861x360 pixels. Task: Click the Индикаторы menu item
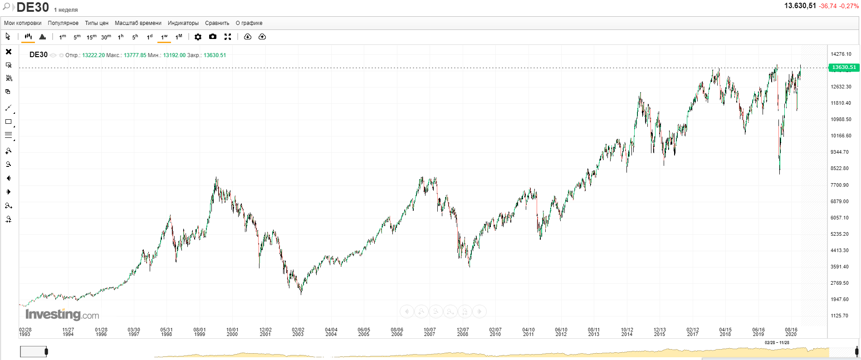point(183,23)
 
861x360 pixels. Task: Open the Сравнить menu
point(217,23)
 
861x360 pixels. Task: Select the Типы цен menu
point(97,23)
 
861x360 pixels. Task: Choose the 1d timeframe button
point(150,37)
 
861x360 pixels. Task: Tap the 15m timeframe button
point(91,37)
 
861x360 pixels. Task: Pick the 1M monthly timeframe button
point(179,37)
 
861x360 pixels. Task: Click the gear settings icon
point(198,37)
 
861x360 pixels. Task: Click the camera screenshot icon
point(213,37)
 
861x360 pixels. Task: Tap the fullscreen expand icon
point(228,37)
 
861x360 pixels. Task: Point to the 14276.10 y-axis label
point(841,54)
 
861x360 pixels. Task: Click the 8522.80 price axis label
point(839,168)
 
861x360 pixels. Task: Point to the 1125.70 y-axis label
point(839,316)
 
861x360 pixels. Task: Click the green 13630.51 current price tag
point(843,68)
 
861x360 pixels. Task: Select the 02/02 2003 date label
point(298,332)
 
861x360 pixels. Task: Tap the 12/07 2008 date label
point(462,332)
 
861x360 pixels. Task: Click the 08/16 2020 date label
point(791,332)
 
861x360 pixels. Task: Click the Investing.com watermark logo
point(62,314)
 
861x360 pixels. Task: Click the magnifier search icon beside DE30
point(6,7)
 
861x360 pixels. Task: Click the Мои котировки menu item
point(23,23)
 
